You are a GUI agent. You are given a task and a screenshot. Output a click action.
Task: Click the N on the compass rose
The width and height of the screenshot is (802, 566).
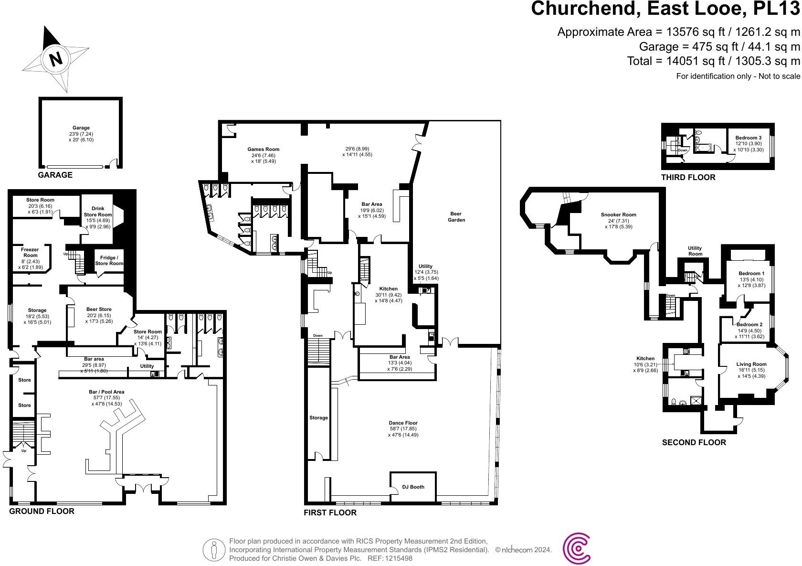(x=56, y=59)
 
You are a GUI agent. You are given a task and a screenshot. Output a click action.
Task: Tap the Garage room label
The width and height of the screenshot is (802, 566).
(x=81, y=128)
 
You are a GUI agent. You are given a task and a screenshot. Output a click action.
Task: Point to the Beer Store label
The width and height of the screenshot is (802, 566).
(x=99, y=309)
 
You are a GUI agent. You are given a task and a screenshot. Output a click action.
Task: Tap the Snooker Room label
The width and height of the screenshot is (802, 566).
(x=618, y=215)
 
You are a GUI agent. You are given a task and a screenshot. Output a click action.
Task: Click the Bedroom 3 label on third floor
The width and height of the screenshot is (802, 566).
(x=749, y=138)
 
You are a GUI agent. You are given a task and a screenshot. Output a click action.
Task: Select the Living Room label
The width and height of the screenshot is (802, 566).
(x=751, y=364)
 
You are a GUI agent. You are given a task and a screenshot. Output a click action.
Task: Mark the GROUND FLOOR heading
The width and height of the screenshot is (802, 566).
(x=42, y=511)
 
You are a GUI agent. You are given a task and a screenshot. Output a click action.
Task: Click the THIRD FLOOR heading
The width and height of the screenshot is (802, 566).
(x=688, y=178)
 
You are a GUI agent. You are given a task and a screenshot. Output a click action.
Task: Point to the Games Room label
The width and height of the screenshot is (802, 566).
(x=263, y=150)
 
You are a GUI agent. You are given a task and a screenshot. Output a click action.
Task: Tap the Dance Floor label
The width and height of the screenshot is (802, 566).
(x=403, y=423)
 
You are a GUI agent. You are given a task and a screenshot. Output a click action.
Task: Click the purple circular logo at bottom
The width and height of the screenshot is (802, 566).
(x=577, y=549)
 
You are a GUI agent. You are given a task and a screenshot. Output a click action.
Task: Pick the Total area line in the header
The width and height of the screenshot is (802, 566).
(x=713, y=61)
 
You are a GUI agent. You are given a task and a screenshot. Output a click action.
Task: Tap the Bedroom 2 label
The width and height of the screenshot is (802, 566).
(x=749, y=324)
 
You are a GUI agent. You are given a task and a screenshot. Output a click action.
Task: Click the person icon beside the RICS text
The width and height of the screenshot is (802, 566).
(x=214, y=549)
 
